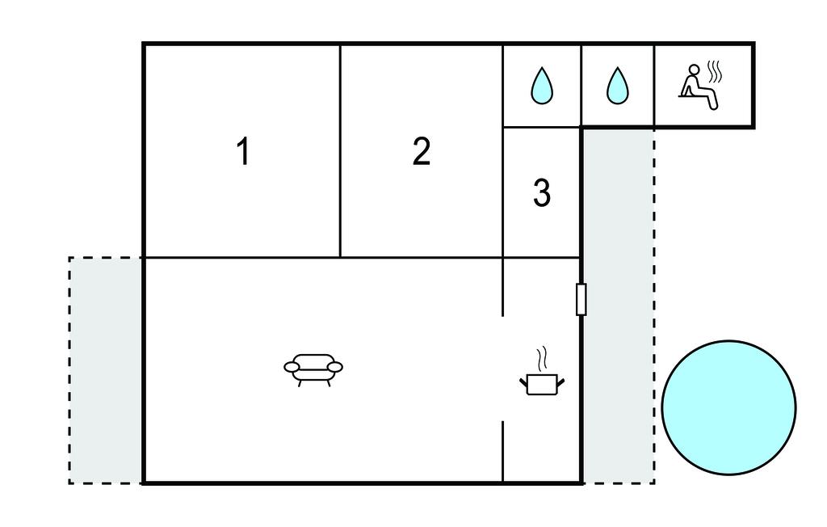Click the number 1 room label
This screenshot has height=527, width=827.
pos(242,151)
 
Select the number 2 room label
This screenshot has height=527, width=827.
pos(422,151)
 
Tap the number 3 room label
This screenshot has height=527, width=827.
pos(542,192)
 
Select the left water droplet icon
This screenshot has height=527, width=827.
pos(542,86)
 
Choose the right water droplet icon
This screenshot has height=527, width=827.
pos(618,86)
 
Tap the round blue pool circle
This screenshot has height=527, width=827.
pos(729,407)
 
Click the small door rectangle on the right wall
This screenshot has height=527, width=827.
pos(581,299)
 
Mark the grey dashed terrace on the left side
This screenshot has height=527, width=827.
pos(106,370)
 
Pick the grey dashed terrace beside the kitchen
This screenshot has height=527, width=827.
pos(619,306)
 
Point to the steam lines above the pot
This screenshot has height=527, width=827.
pos(542,359)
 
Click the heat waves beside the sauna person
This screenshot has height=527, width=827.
pos(715,72)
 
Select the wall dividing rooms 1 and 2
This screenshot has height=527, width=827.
pos(340,151)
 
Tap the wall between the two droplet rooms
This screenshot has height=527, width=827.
pos(581,86)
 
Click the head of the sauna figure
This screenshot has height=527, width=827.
pos(695,70)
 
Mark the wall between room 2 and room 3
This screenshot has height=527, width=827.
pos(503,151)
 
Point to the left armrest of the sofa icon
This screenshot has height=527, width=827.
pos(292,366)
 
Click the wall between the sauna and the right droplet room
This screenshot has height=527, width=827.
pos(654,86)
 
